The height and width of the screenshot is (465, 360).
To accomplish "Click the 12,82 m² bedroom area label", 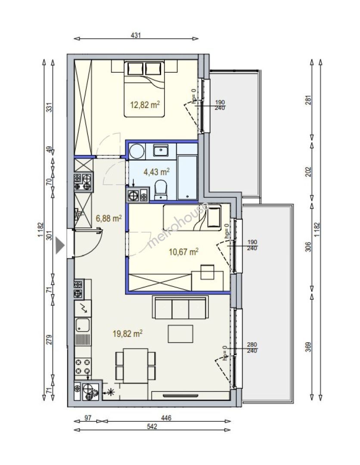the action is [145, 104].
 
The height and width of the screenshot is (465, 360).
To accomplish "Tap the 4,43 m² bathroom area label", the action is [156, 172].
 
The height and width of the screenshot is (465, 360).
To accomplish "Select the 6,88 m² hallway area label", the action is [109, 219].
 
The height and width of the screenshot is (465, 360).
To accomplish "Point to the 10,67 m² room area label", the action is [183, 252].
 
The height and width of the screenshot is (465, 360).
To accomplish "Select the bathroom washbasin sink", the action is [161, 150].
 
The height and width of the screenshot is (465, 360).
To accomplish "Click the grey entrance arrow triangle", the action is [60, 246].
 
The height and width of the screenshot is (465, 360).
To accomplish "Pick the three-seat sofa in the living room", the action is [180, 307].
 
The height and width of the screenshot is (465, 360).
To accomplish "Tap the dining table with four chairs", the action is [136, 366].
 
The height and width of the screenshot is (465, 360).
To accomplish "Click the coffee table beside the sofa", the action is [180, 334].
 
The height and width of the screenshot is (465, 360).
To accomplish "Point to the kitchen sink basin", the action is [83, 325].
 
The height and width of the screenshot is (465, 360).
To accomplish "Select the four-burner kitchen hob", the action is [83, 366].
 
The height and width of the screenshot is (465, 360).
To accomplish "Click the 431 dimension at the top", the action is [136, 35].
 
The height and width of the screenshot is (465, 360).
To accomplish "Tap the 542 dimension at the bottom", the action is [152, 426].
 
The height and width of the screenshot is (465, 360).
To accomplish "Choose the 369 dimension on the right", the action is [308, 347].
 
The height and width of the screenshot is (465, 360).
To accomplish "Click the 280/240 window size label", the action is [252, 347].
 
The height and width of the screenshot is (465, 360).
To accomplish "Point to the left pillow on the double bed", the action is [135, 69].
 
